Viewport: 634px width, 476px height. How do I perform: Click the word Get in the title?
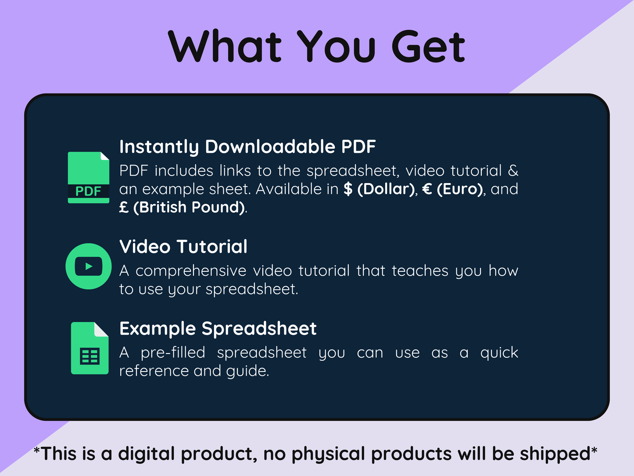pos(428,46)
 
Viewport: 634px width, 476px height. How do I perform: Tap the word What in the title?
pos(225,46)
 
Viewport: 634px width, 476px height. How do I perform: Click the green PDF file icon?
pos(88,177)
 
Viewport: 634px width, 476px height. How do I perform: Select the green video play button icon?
pos(88,266)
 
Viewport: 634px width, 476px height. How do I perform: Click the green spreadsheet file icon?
pos(90,348)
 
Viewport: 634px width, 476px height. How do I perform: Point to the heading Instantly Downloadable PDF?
pos(247,147)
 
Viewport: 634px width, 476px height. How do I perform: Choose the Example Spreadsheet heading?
pos(218,329)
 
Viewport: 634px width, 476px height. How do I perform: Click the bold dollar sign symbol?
pos(348,189)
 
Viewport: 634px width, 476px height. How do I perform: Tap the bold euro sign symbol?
pos(427,189)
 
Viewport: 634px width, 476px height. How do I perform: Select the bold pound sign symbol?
pos(124,207)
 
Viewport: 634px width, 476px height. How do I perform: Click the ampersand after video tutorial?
pos(513,170)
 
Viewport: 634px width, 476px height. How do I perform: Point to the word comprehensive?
pos(191,271)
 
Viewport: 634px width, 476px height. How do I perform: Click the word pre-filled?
pos(173,353)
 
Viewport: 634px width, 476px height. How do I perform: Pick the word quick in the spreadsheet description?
pos(499,353)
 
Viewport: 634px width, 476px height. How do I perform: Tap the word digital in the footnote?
pos(147,454)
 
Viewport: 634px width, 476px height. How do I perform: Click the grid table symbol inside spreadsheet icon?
pos(90,356)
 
